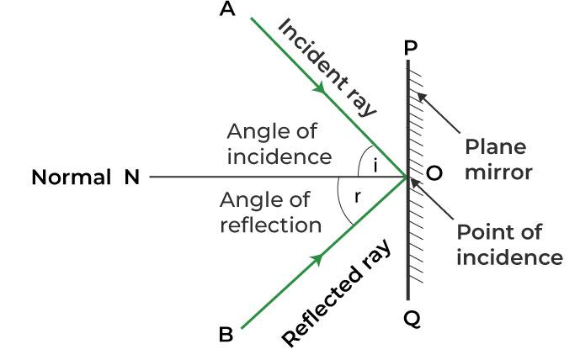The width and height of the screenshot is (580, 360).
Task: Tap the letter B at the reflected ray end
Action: [226, 335]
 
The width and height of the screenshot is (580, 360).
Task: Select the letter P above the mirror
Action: [409, 48]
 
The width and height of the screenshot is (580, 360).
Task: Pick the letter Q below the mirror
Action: [409, 319]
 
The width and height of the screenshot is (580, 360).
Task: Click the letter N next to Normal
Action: [131, 177]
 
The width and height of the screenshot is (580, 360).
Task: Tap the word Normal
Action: [71, 177]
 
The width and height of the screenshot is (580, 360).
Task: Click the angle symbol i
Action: [375, 167]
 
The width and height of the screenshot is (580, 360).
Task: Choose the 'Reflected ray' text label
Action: [337, 295]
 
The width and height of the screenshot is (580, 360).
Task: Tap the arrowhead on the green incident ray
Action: [320, 88]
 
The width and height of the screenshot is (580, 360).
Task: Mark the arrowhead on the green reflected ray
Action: [318, 259]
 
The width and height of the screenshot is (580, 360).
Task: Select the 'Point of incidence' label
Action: [508, 244]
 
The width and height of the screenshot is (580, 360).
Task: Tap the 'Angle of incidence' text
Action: [279, 144]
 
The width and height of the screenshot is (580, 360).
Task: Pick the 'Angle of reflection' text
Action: [270, 212]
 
